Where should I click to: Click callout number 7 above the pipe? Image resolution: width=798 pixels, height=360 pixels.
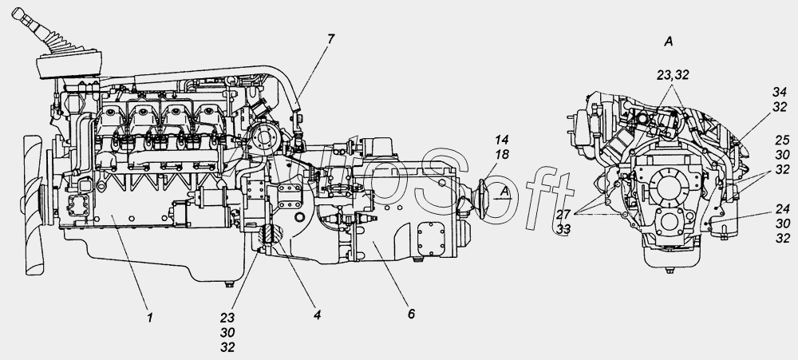[331, 39]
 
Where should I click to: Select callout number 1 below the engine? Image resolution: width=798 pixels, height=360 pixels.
[150, 318]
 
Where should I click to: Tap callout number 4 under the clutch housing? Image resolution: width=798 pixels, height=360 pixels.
[317, 315]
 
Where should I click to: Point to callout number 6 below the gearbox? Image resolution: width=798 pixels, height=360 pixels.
[411, 314]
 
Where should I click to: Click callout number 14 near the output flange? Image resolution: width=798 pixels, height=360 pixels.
[501, 140]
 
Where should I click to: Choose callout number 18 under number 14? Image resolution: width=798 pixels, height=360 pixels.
[501, 155]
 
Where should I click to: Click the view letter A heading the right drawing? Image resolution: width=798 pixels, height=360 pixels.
[668, 42]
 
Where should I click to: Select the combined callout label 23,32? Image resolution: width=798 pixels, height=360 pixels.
[673, 75]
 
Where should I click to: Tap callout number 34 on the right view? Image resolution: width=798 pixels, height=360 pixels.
[780, 92]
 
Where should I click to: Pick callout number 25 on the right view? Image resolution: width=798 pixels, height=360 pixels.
[782, 140]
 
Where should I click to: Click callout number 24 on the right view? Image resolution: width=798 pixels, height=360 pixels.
[783, 208]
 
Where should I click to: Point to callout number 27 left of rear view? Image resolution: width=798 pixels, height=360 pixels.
[563, 214]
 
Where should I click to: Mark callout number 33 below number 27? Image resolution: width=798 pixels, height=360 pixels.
[563, 230]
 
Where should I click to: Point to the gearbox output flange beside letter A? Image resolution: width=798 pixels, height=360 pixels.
[483, 199]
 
